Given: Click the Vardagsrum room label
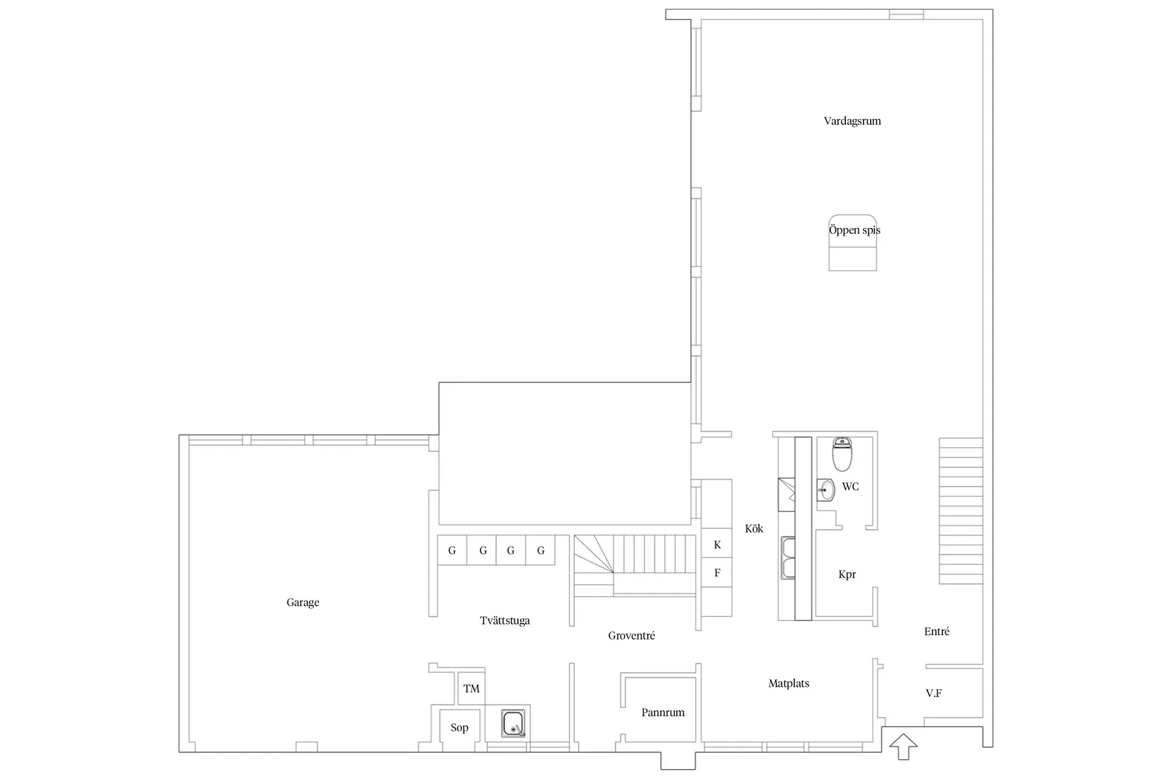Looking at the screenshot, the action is [x=852, y=121].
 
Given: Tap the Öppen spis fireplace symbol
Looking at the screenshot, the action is [x=853, y=243].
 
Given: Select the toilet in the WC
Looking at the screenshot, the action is [x=842, y=454].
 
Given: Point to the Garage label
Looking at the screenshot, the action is [x=303, y=603].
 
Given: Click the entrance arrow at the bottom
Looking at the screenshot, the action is [x=903, y=746].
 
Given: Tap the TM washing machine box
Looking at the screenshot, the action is [x=471, y=689].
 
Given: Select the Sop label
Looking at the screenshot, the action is [x=460, y=728].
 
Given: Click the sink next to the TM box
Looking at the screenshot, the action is [x=514, y=723].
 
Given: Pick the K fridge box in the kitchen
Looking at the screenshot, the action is [x=716, y=544].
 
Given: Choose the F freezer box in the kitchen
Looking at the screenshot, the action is [x=716, y=573].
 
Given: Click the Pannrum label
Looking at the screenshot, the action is [x=662, y=712].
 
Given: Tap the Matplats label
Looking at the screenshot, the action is [x=789, y=683].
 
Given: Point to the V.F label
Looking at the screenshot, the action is [x=934, y=693].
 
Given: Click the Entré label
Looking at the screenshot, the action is [x=937, y=632].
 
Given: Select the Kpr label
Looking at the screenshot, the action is [x=847, y=575].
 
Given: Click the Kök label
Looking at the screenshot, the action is [x=754, y=529].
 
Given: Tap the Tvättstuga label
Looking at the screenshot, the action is [x=504, y=621].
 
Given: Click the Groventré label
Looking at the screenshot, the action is [x=631, y=636].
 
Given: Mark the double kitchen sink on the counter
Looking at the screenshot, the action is [x=788, y=558].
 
